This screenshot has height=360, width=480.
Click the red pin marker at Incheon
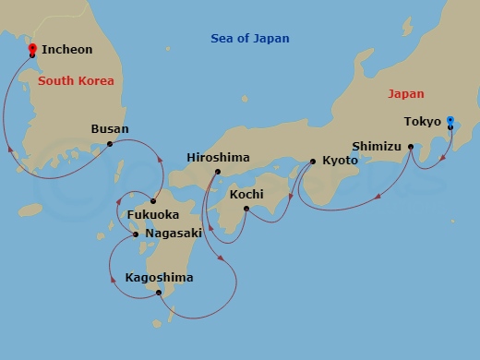coord(31,52)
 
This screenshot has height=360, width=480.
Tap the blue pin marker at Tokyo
coord(450,121)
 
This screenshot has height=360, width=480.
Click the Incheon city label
coord(66,50)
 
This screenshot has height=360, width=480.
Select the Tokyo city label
coord(422,121)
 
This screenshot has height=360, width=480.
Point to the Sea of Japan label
coord(250,39)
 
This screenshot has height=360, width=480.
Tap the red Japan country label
coord(405,93)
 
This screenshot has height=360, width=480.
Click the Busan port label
coord(110,129)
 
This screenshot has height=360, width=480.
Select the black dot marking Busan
coord(110,143)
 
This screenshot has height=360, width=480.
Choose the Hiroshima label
coord(218,158)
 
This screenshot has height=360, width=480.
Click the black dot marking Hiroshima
coord(217,172)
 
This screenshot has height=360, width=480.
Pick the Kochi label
coord(246,195)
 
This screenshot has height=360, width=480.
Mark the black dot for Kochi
coord(246,209)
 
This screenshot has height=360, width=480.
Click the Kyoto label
coord(339,161)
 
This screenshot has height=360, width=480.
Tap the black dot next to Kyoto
coord(312,162)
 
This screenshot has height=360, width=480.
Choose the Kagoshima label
coord(159,277)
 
